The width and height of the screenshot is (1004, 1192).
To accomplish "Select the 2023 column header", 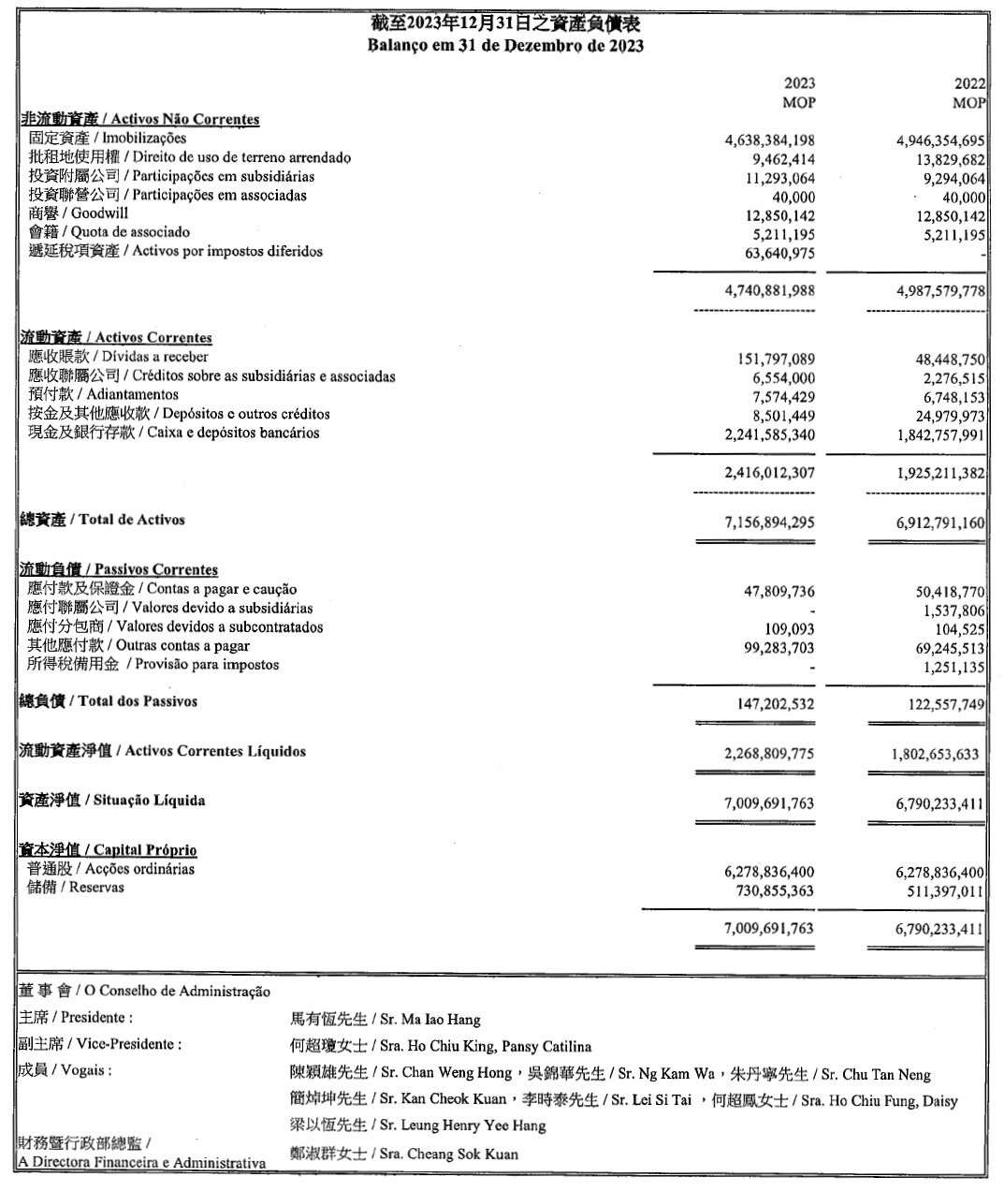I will pyautogui.click(x=799, y=83).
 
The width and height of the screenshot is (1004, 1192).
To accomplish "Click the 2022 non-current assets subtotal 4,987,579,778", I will pyautogui.click(x=940, y=291).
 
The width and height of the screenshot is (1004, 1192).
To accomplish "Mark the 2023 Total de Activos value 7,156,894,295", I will pyautogui.click(x=769, y=522).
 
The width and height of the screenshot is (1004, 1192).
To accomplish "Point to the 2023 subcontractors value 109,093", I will pyautogui.click(x=790, y=628).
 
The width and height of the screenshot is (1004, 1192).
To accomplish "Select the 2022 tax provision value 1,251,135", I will pyautogui.click(x=953, y=667).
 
